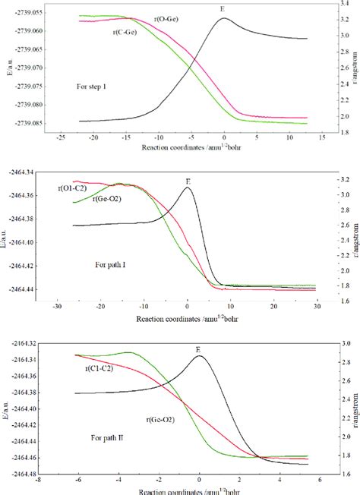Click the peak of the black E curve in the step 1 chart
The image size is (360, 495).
(224, 18)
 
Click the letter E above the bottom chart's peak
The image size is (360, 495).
(198, 350)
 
